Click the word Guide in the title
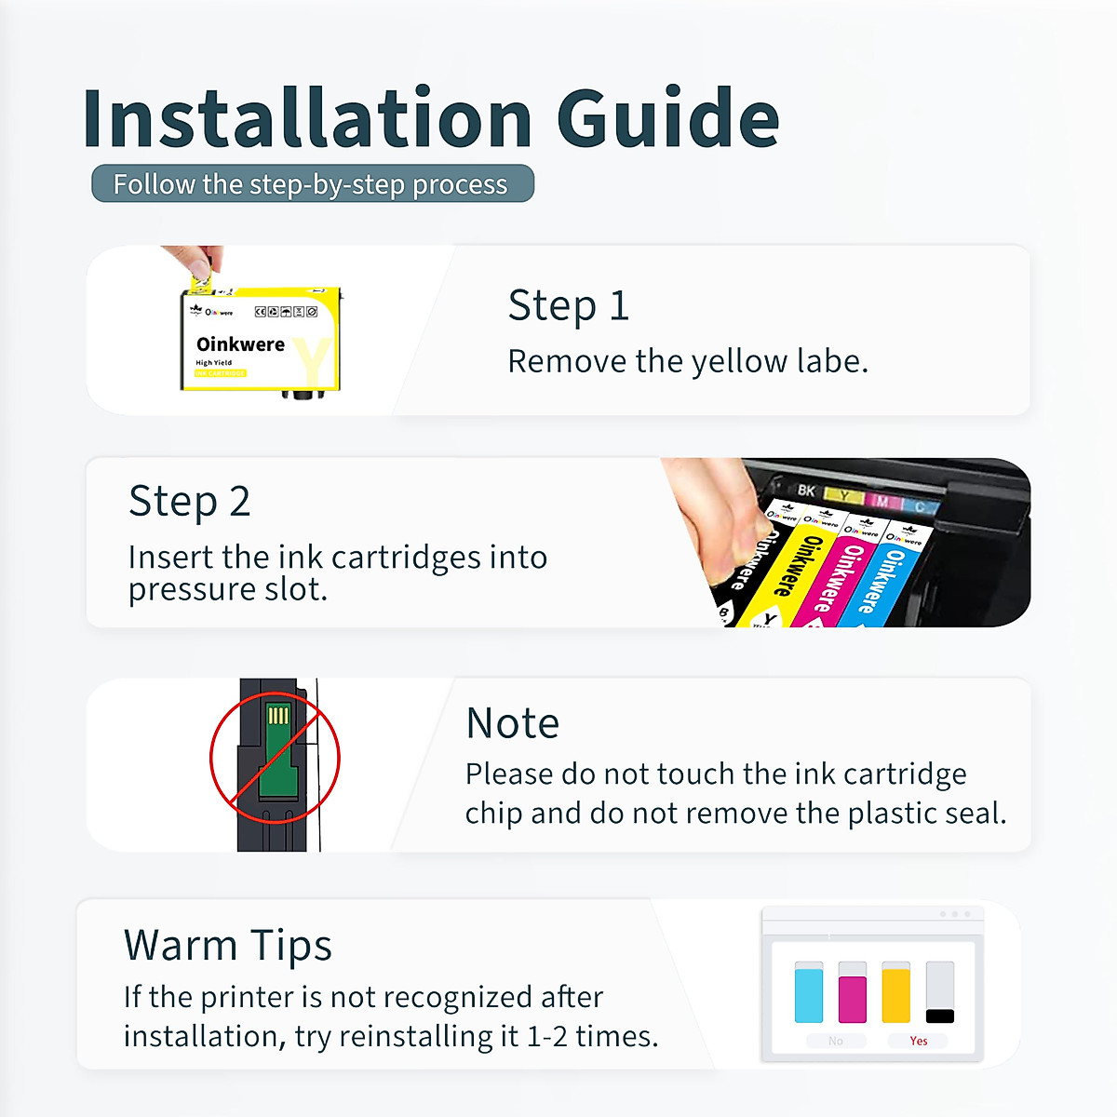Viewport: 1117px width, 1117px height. [x=667, y=119]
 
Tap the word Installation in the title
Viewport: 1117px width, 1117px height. [x=307, y=119]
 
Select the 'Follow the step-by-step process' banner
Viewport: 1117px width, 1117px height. [x=312, y=184]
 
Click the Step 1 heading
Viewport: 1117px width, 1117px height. [x=569, y=305]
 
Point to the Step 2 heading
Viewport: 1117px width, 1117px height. [x=190, y=502]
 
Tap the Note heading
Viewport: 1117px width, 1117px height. [x=512, y=723]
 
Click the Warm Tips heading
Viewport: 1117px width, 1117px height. [x=228, y=946]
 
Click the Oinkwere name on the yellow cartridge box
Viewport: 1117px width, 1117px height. [x=240, y=344]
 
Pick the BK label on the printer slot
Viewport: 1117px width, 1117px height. [x=806, y=491]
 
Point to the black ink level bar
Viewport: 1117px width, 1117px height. [x=940, y=1015]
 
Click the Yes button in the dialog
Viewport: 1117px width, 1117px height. [x=919, y=1041]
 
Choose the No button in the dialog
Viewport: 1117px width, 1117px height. [x=836, y=1041]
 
